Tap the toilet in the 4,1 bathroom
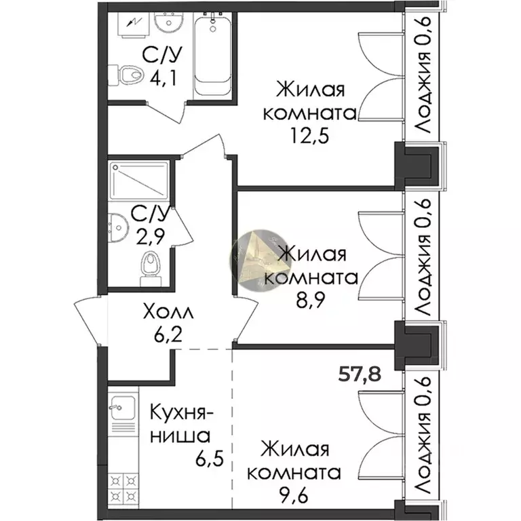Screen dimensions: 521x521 click(128, 73)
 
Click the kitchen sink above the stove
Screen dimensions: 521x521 click(119, 409)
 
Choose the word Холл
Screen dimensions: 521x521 click(168, 313)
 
